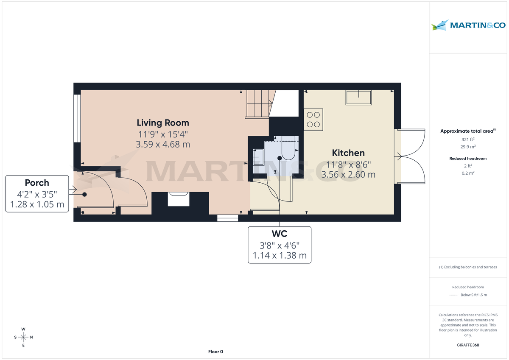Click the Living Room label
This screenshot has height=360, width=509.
[x=162, y=123]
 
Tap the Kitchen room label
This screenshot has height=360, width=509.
[x=348, y=153]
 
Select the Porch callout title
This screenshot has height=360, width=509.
[x=37, y=183]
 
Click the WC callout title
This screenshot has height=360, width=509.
[x=279, y=234]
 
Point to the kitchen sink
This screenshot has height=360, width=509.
[x=359, y=98]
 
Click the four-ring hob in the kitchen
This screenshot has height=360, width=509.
[x=313, y=119]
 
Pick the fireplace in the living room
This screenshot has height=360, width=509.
[x=178, y=199]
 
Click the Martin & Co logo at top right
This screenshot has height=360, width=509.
[x=469, y=25]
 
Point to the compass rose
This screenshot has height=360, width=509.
[x=24, y=337]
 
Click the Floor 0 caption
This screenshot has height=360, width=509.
[x=215, y=352]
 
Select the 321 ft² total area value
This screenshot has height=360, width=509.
[x=468, y=140]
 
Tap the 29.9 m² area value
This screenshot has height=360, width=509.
[x=468, y=146]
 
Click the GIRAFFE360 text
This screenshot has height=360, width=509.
[x=468, y=345]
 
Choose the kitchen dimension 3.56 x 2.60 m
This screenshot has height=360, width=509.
[x=348, y=174]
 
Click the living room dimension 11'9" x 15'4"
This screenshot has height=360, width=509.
[x=162, y=134]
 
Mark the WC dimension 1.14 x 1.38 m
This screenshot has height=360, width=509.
[x=279, y=256]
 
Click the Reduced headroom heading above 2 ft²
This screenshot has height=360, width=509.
[x=468, y=159]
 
